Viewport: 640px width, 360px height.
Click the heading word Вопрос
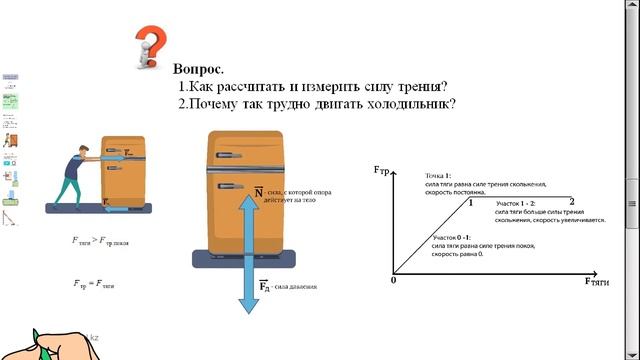point(197,70)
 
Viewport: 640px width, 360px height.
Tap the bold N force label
point(258,192)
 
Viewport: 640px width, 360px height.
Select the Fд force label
point(266,286)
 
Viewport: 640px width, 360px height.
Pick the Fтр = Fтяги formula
point(94,285)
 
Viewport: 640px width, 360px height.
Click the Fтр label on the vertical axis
point(381,170)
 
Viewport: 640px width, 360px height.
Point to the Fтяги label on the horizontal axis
point(596,282)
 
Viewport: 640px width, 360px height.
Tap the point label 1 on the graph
point(469,204)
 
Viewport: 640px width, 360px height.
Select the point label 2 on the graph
point(571,204)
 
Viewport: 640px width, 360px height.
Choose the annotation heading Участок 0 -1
point(451,236)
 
